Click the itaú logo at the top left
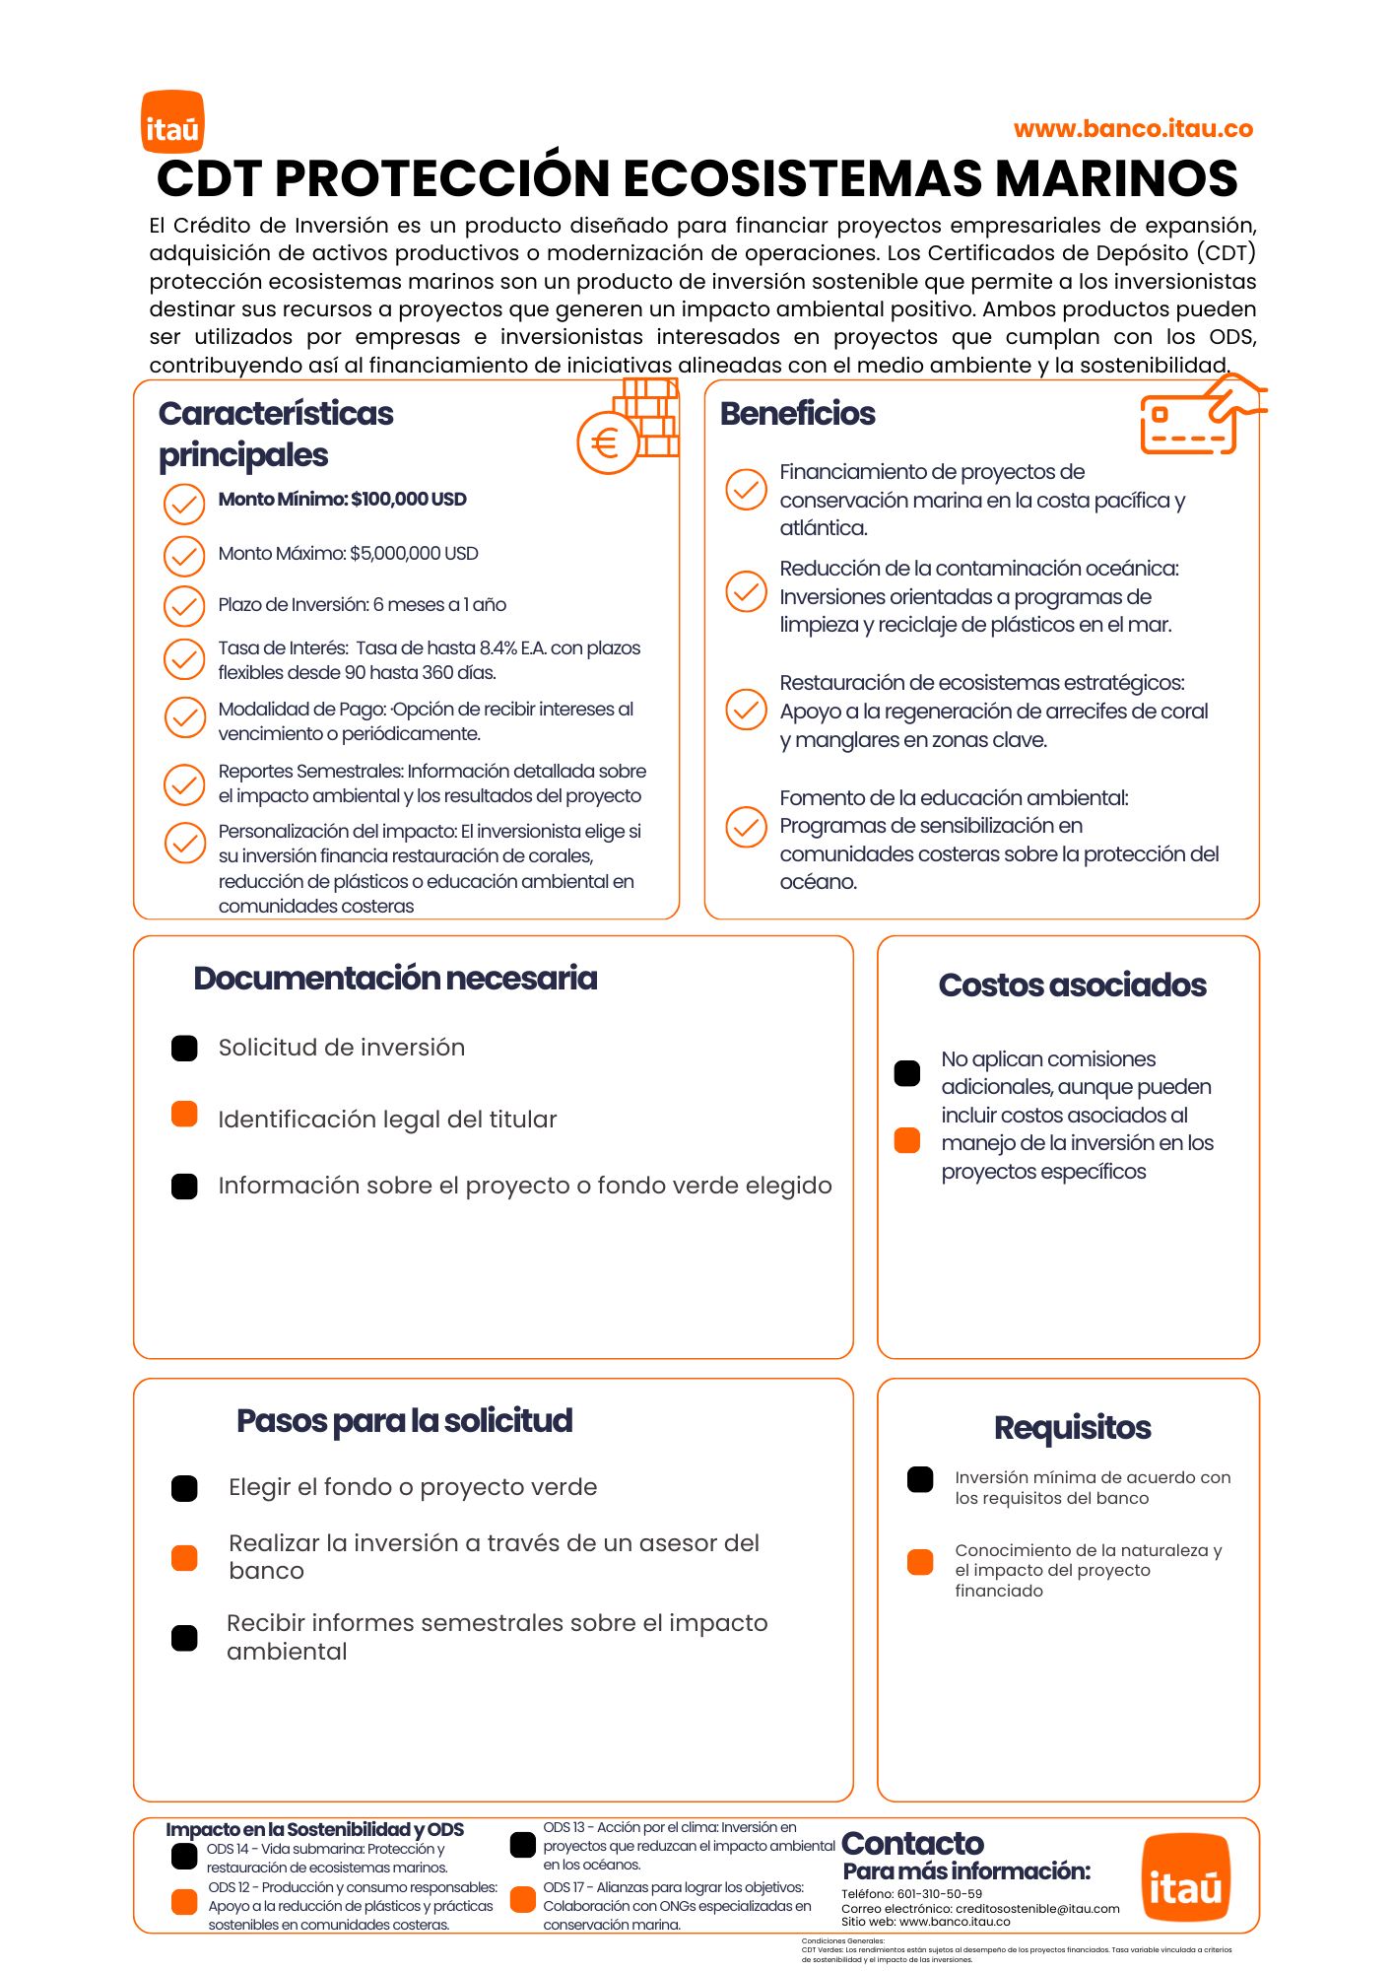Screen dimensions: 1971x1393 [172, 122]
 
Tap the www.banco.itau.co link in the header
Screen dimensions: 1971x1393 [1133, 129]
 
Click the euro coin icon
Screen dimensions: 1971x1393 [607, 443]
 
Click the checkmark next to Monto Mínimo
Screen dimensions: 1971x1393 [184, 504]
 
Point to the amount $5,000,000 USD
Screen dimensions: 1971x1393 [414, 554]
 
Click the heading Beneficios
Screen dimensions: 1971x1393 [797, 414]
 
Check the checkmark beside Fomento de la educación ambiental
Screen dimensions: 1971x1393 [746, 827]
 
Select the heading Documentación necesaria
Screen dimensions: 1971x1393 [395, 979]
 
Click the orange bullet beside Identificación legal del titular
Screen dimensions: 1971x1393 [184, 1115]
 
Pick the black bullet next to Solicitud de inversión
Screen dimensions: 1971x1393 [184, 1049]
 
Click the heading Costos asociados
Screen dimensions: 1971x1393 [1072, 985]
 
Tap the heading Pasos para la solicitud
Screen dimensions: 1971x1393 [404, 1421]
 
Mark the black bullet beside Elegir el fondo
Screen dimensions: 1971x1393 [184, 1488]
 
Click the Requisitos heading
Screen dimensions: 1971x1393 [1072, 1428]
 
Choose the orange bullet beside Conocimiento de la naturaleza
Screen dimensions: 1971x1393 [920, 1562]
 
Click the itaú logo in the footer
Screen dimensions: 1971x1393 [1185, 1878]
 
